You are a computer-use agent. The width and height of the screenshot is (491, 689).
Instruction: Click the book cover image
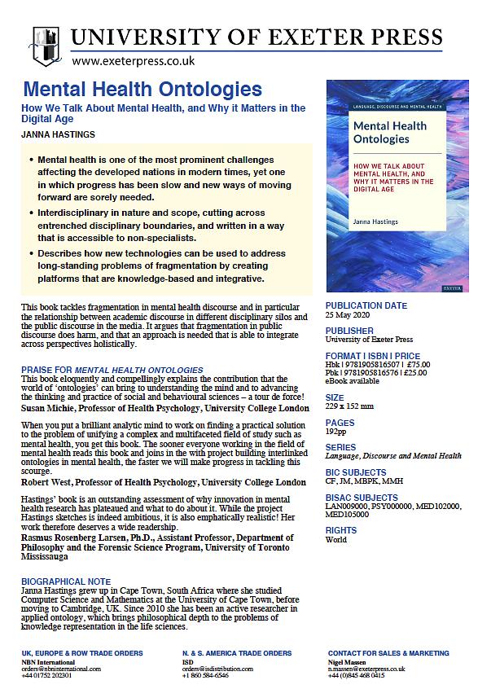click(397, 186)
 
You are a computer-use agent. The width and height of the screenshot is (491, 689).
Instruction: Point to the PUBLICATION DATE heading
click(366, 306)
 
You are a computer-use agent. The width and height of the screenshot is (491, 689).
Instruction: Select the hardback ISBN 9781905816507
click(370, 364)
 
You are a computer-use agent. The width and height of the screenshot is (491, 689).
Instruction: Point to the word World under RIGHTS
click(336, 539)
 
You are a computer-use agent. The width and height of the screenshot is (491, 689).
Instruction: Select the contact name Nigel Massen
click(348, 660)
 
